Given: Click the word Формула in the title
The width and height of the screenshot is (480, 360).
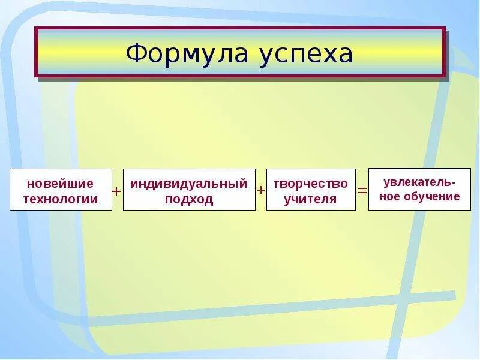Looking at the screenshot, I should click(188, 53).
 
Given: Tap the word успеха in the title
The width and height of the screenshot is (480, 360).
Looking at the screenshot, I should click(306, 55).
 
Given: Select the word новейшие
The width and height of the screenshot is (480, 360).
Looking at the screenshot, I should click(60, 184).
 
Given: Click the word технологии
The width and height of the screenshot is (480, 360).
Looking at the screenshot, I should click(60, 199).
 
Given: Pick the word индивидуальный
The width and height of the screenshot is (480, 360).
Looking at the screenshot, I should click(189, 184).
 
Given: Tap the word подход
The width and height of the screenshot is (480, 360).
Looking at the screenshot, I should click(189, 199).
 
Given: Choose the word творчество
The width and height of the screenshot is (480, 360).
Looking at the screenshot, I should click(311, 184).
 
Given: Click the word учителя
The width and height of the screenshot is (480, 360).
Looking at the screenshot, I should click(311, 199).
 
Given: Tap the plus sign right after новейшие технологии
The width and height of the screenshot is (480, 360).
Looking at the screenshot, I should click(117, 190).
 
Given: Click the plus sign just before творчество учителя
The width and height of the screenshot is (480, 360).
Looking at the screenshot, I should click(261, 190).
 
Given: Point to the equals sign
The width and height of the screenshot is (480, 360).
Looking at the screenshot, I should click(362, 190).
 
